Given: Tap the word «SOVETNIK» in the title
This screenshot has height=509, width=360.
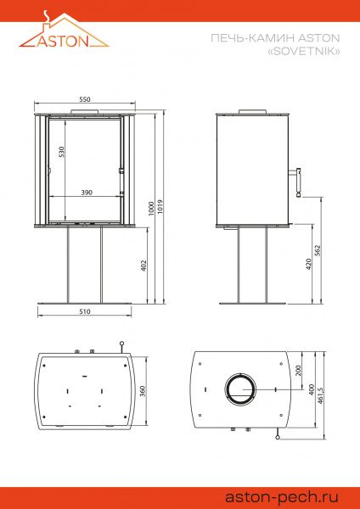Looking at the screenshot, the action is (303, 51).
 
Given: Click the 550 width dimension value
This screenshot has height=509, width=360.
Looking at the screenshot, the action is (84, 99).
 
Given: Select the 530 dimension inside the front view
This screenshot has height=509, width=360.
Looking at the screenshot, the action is (61, 152).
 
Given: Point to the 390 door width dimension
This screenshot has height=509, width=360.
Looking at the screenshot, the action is (87, 193).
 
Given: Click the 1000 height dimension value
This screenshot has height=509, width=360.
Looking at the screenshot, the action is (151, 209).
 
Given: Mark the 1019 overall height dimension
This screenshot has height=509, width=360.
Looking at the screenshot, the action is (160, 206).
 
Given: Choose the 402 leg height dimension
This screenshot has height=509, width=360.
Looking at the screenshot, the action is (143, 266).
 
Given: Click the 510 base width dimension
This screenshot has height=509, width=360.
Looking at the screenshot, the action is (84, 311).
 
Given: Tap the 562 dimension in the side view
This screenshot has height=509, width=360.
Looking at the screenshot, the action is (318, 250).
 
